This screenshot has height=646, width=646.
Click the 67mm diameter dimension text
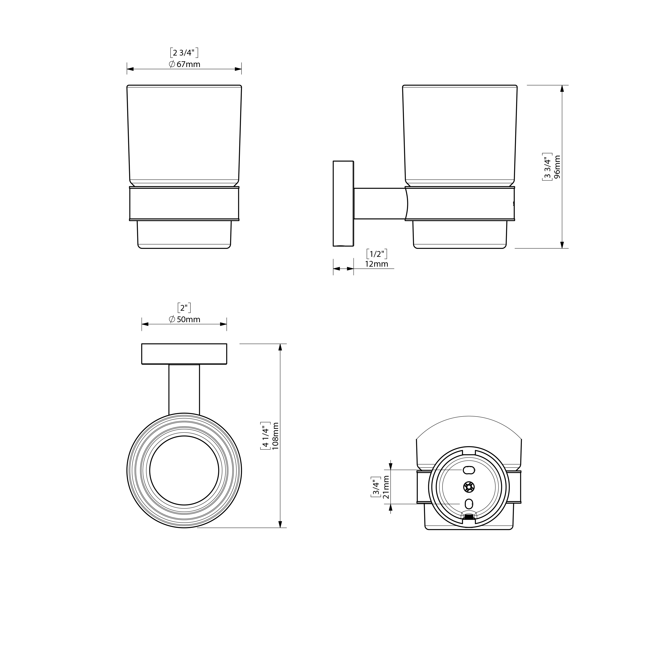point(185,64)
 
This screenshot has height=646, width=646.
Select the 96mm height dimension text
point(557,167)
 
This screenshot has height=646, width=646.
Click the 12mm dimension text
point(377,264)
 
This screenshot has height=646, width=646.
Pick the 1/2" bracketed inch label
point(377,254)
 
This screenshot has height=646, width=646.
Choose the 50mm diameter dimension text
point(185,319)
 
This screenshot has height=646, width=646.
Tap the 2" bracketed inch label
point(184,308)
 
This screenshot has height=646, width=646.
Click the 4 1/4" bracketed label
point(266,436)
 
